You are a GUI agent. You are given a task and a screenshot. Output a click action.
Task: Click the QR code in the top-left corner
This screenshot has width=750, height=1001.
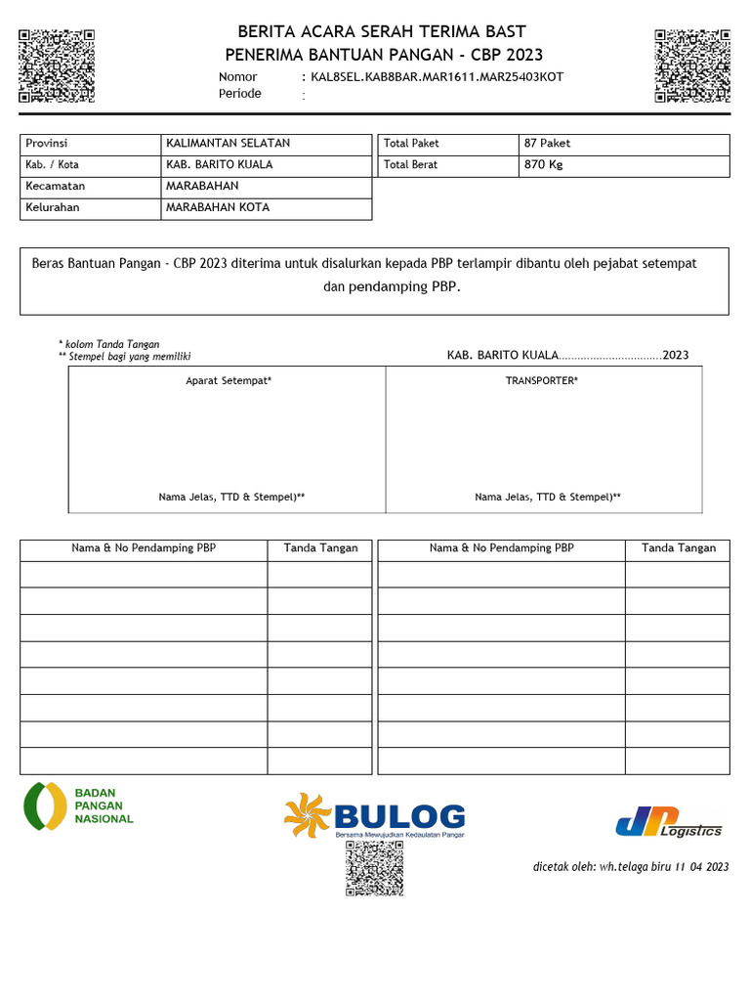[x=57, y=65]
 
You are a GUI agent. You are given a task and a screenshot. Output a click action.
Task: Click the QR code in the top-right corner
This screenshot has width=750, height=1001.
[x=692, y=65]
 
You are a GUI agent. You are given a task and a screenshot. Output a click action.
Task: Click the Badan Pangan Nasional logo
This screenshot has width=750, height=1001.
[x=79, y=805]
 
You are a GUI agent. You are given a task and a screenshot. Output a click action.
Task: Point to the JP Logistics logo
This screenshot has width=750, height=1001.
[x=669, y=823]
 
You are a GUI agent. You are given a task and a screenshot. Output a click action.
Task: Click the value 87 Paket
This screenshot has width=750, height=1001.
[x=548, y=144]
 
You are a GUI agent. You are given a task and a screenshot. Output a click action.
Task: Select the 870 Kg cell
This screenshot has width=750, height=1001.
[x=544, y=165]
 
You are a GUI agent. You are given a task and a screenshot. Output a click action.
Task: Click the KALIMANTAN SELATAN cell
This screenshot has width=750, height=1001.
[x=228, y=144]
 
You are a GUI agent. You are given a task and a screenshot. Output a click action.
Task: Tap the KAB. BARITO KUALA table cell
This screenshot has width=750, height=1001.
[x=220, y=165]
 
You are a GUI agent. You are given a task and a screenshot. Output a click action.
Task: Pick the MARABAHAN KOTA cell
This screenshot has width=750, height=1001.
[x=218, y=208]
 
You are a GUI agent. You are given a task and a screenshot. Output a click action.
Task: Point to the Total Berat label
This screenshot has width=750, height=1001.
[x=412, y=165]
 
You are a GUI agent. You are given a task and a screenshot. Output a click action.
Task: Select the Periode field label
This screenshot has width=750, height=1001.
[x=240, y=94]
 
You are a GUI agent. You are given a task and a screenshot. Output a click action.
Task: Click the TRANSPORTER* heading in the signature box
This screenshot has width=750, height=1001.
[x=541, y=380]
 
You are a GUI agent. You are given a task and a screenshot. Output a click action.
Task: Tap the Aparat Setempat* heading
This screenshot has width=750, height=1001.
[x=229, y=380]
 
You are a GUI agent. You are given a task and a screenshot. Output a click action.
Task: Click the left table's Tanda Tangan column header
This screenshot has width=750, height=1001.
[x=320, y=548]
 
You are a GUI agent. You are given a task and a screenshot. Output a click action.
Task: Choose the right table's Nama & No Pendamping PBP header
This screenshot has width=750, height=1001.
[x=501, y=548]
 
